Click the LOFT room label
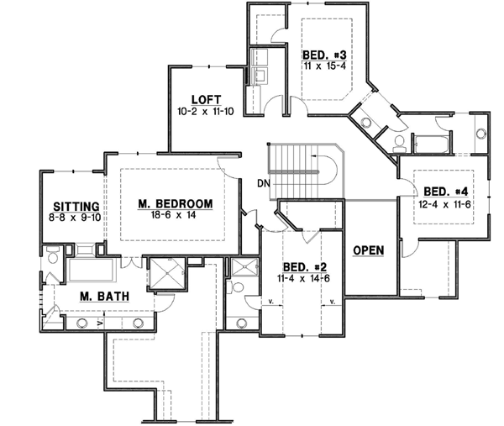pyautogui.click(x=206, y=98)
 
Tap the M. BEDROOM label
pyautogui.click(x=176, y=203)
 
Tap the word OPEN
pyautogui.click(x=369, y=251)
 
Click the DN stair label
pyautogui.click(x=263, y=181)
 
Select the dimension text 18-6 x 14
pyautogui.click(x=176, y=215)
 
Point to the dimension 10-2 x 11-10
pyautogui.click(x=206, y=110)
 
